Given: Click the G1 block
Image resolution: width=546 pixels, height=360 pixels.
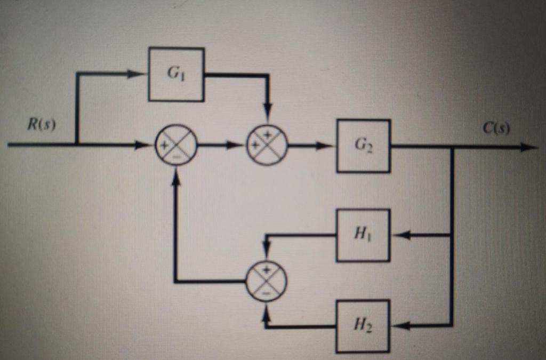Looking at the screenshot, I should click(x=176, y=74).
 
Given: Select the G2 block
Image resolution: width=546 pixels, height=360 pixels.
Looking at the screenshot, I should click(x=363, y=146).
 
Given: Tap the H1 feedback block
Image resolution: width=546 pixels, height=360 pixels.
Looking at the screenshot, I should click(x=363, y=235).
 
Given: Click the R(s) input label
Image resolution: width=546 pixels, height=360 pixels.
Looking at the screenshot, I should click(x=42, y=126).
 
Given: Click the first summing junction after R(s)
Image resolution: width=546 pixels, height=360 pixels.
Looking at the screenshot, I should click(x=176, y=145).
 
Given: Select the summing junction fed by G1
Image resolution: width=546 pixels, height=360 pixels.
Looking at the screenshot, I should click(x=267, y=145).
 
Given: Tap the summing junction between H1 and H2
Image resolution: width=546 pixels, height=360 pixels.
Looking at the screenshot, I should click(x=267, y=281).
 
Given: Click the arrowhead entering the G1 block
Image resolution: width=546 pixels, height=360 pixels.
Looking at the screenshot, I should click(x=138, y=74).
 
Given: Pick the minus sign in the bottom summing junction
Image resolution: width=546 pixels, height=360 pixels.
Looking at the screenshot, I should click(x=267, y=293).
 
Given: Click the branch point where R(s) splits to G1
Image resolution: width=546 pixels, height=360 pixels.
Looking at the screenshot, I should click(x=77, y=144).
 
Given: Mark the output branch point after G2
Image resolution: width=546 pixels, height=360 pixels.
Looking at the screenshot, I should click(x=452, y=147).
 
